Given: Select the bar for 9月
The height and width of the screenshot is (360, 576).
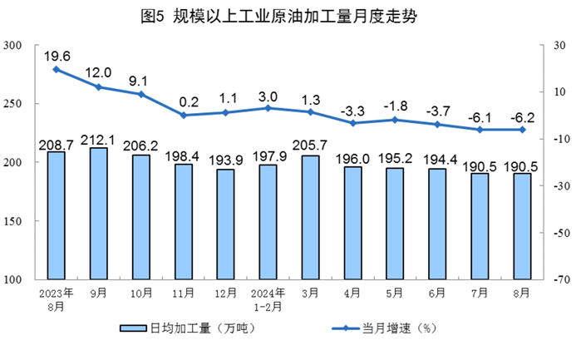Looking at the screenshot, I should point(98,214).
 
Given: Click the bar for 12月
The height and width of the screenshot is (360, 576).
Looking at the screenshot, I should point(226,224).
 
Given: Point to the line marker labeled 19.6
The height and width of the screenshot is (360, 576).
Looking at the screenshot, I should point(56,69).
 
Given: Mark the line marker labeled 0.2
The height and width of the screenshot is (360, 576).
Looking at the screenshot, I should point(184,115).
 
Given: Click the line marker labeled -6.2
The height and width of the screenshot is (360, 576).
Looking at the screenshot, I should point(523,130).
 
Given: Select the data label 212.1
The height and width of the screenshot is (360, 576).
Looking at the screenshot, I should point(98,139).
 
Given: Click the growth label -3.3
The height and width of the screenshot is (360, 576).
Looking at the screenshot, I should point(353,110).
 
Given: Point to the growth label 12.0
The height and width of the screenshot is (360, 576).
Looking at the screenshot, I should point(98,72).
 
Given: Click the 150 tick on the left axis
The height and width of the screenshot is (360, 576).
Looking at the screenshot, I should point(12,221).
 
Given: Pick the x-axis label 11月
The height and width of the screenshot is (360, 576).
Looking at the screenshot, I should point(184,293).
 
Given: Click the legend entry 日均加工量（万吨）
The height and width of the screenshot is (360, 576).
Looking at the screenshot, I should point(188,328).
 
